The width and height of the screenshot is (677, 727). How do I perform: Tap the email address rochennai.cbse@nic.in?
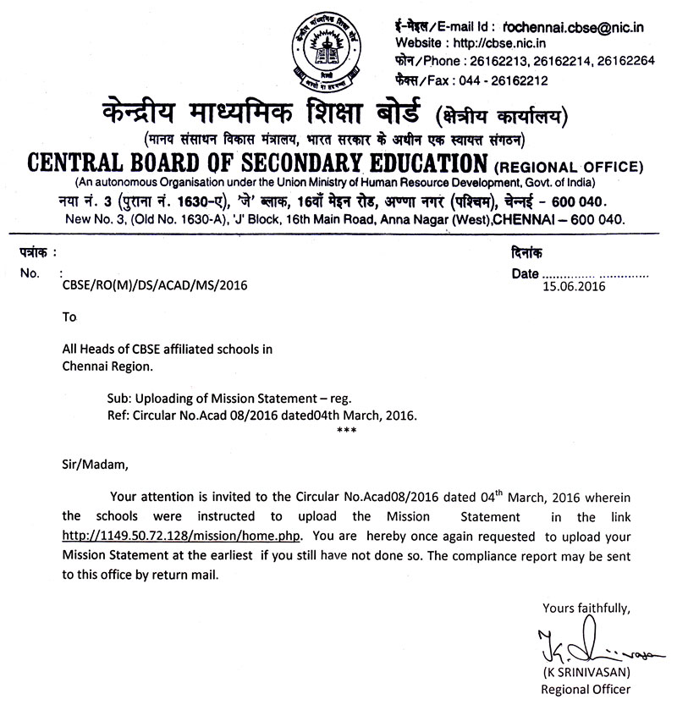573,28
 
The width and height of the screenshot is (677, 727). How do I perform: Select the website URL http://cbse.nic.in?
495,43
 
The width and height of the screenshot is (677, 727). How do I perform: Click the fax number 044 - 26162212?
502,80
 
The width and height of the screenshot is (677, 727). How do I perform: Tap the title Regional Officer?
586,690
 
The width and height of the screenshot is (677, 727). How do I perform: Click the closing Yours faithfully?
586,607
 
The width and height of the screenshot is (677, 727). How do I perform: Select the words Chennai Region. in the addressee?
108,365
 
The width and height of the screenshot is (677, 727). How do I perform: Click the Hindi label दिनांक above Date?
528,252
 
